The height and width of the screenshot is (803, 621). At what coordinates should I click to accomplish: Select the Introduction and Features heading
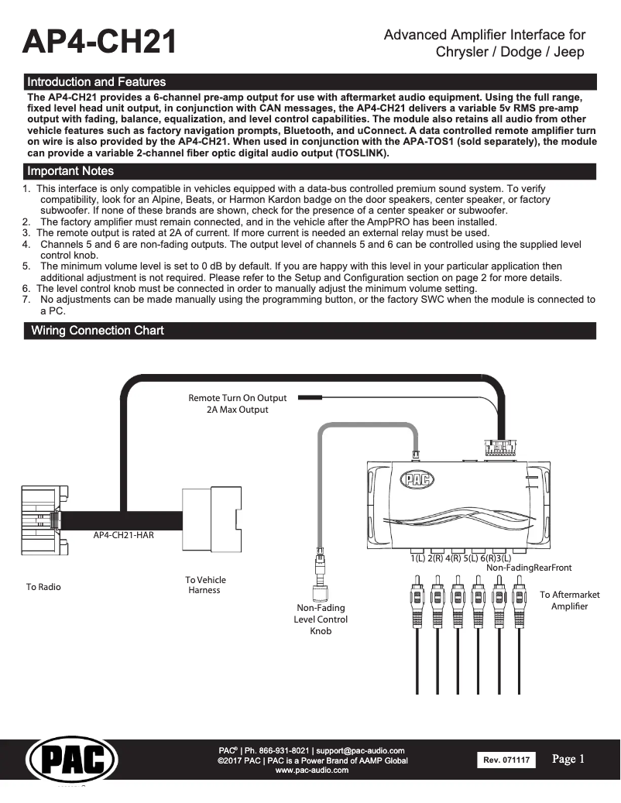pyautogui.click(x=96, y=81)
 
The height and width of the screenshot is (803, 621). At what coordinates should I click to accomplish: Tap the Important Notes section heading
pyautogui.click(x=70, y=171)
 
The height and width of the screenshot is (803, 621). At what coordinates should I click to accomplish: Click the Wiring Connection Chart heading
pyautogui.click(x=97, y=331)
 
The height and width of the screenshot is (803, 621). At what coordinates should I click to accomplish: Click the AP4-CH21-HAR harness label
pyautogui.click(x=124, y=535)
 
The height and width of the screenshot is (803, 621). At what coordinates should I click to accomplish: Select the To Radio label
pyautogui.click(x=43, y=587)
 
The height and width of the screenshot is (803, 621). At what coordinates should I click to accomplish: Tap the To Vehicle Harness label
pyautogui.click(x=205, y=585)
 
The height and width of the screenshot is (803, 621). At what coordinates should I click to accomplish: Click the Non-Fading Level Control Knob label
pyautogui.click(x=321, y=619)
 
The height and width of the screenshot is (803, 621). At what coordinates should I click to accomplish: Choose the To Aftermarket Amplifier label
pyautogui.click(x=569, y=600)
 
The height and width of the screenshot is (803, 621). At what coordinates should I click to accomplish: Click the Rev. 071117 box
pyautogui.click(x=506, y=760)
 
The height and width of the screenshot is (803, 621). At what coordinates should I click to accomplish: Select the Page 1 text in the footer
pyautogui.click(x=568, y=759)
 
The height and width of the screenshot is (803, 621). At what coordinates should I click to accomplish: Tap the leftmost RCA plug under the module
pyautogui.click(x=417, y=600)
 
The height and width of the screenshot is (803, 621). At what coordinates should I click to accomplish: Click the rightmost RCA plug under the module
pyautogui.click(x=518, y=600)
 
